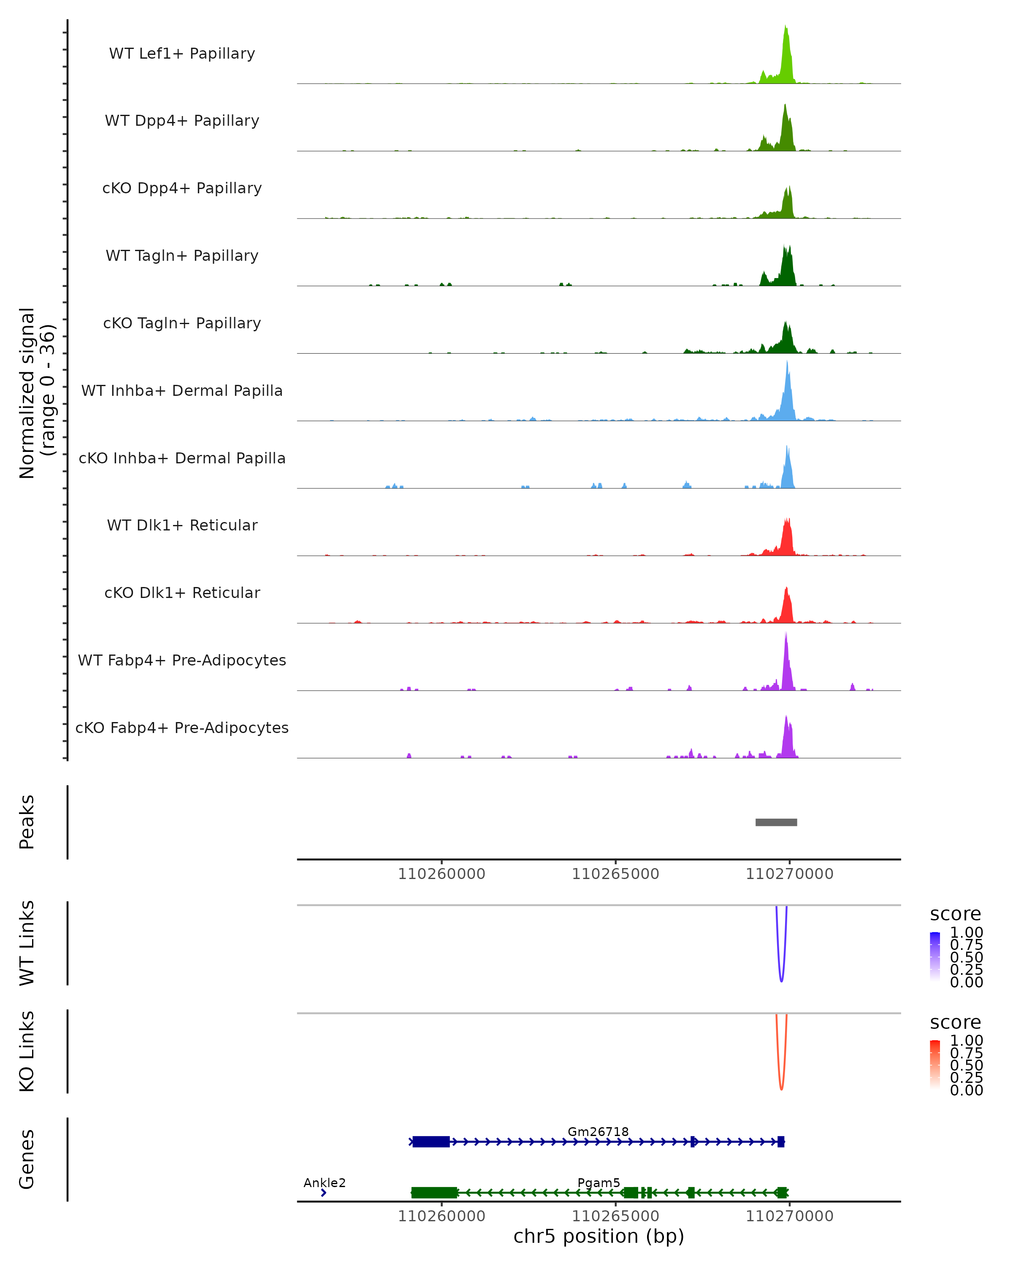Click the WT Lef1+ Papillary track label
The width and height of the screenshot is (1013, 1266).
click(182, 54)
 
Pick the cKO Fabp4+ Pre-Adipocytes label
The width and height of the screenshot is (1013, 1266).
click(182, 728)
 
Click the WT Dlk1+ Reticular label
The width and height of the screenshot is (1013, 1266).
click(182, 525)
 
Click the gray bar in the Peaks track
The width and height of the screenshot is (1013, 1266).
click(776, 822)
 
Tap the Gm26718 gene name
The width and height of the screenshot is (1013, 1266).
click(598, 1131)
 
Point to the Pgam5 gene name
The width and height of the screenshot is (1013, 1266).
click(599, 1182)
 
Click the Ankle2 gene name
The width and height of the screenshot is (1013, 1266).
click(324, 1182)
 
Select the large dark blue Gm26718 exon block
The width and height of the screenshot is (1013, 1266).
click(431, 1142)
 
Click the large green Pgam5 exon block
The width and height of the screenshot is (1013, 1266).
click(434, 1193)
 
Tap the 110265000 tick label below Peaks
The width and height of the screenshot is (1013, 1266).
click(615, 874)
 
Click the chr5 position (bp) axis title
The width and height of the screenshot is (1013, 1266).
click(599, 1236)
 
